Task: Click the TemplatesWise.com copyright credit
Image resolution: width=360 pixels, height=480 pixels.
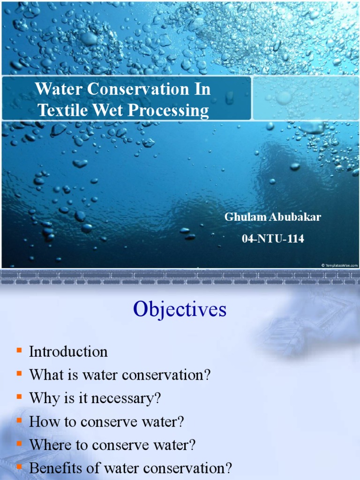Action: point(339,265)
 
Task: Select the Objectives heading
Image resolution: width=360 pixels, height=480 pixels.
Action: point(180,309)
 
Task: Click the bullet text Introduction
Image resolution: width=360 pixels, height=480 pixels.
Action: point(68,352)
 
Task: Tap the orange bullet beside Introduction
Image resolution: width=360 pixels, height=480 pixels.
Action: point(19,350)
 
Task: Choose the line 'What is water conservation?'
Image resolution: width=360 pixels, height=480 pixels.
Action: point(120,375)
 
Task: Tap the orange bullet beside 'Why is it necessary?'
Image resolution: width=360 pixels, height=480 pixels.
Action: point(19,397)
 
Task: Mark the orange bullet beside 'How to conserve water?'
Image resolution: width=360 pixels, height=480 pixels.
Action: point(19,420)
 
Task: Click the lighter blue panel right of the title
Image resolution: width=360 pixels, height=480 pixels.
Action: point(306,98)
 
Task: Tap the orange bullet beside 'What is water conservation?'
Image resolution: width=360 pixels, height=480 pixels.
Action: point(19,374)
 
